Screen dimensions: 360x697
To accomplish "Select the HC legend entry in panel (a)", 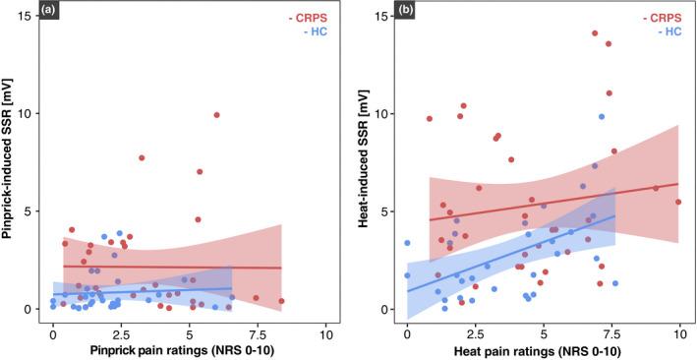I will point(312,31).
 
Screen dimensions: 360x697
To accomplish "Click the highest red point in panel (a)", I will point(216,115).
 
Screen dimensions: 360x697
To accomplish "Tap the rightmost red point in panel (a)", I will point(281,301).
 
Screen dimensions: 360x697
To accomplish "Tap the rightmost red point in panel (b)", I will point(678,202).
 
